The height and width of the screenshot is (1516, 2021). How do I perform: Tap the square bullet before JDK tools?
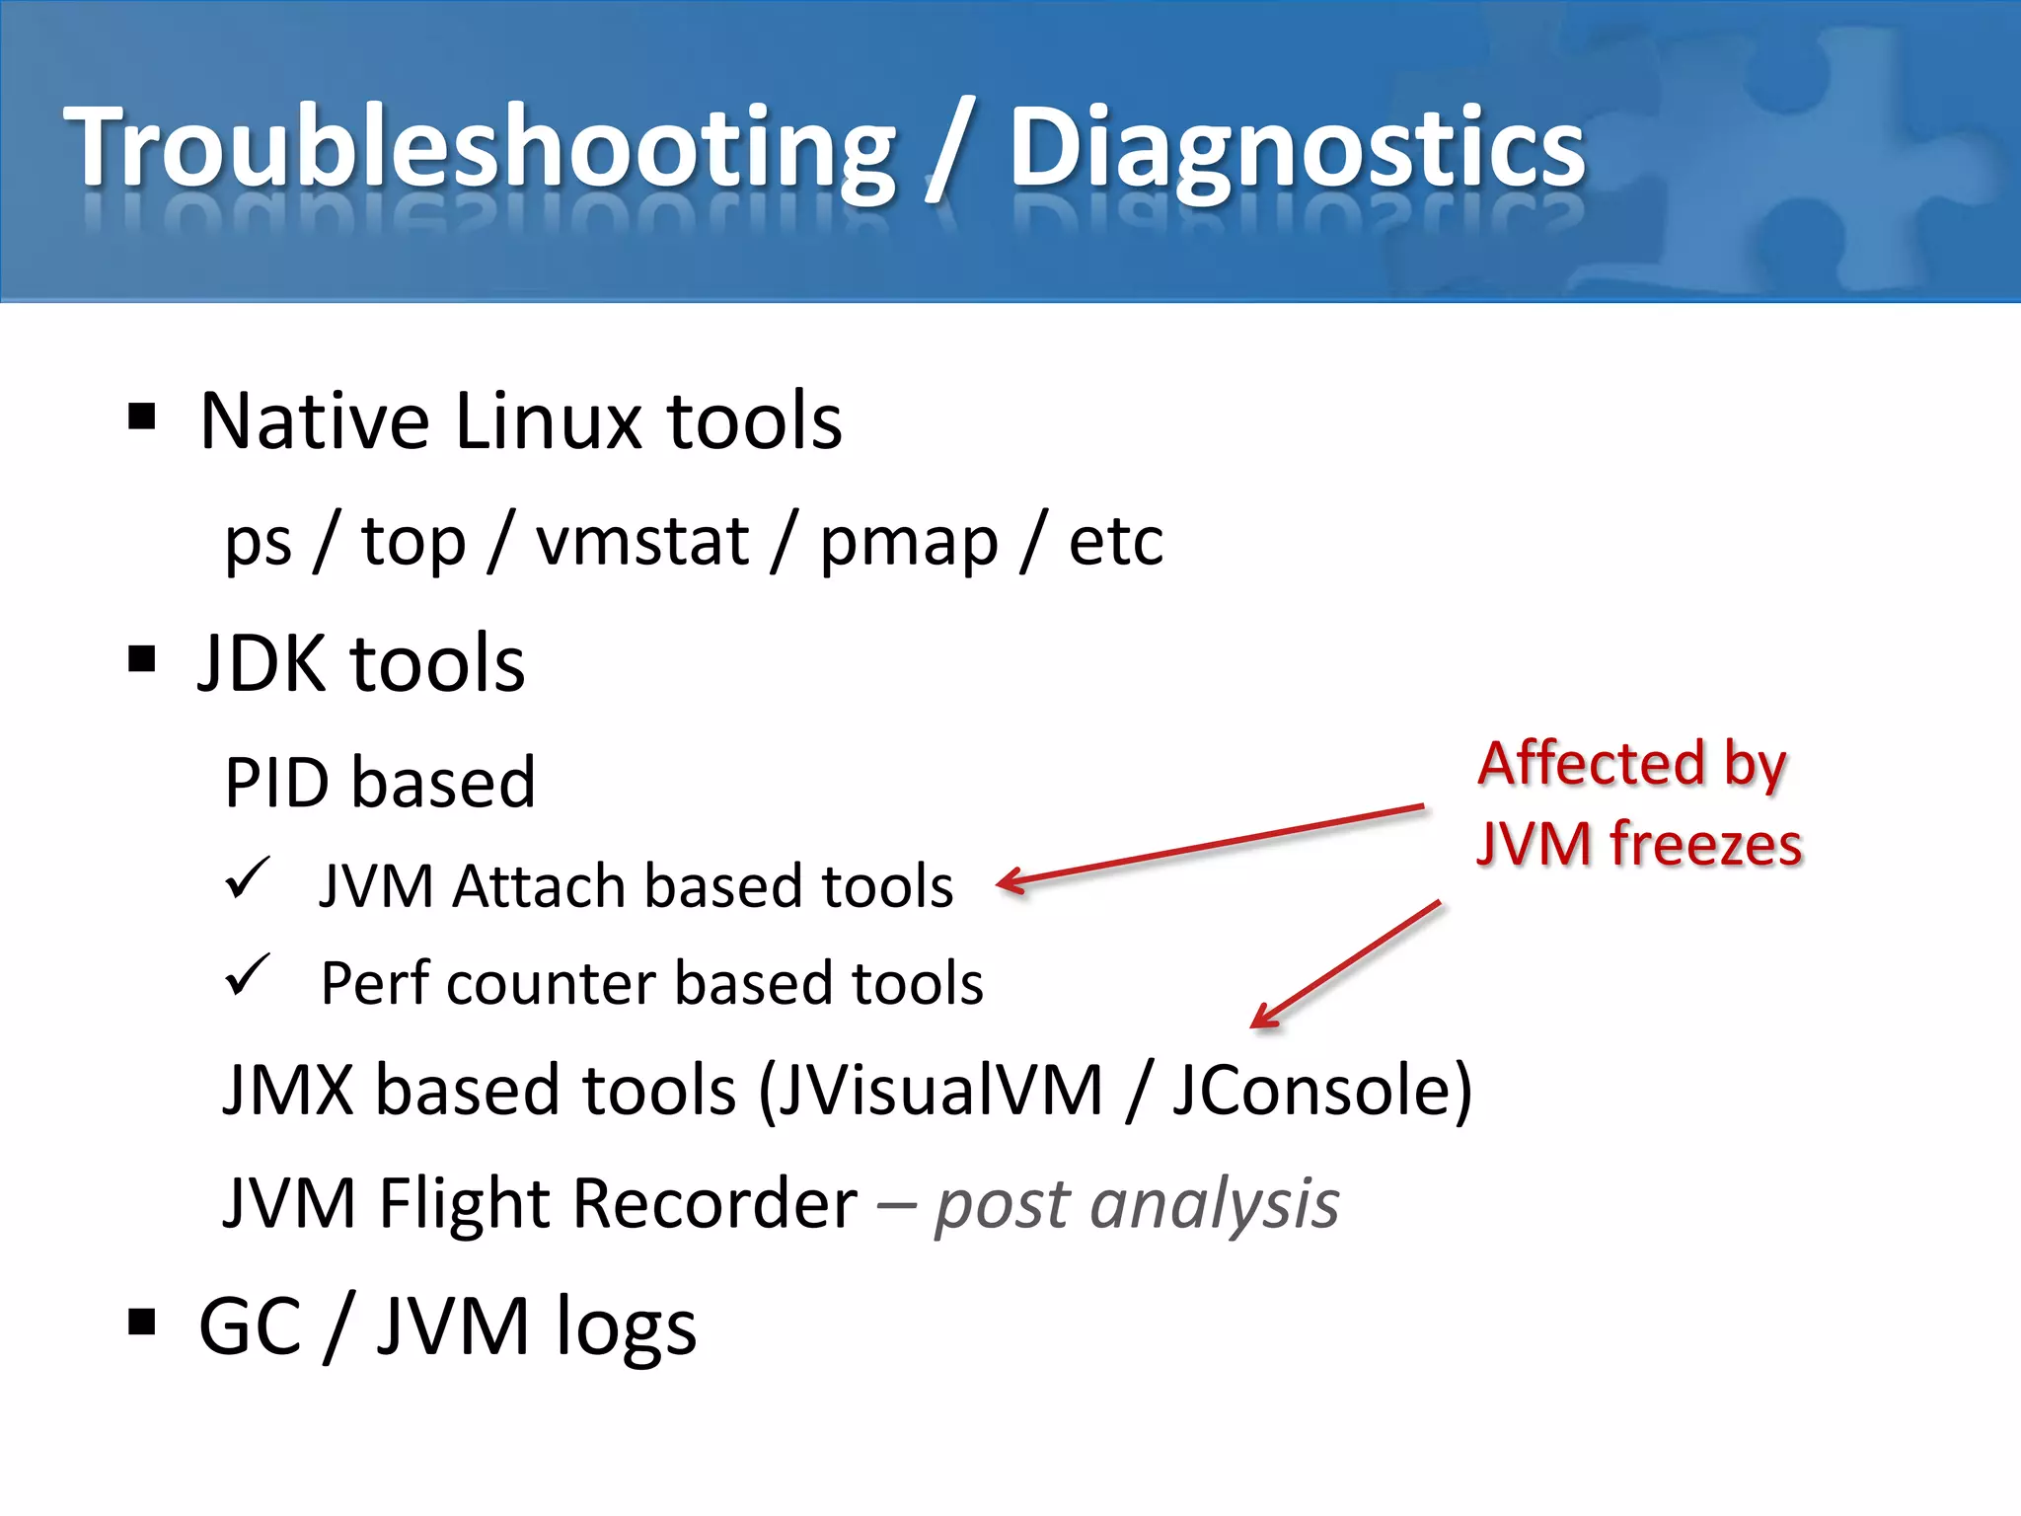(142, 658)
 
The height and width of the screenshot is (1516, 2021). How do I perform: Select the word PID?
(278, 783)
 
